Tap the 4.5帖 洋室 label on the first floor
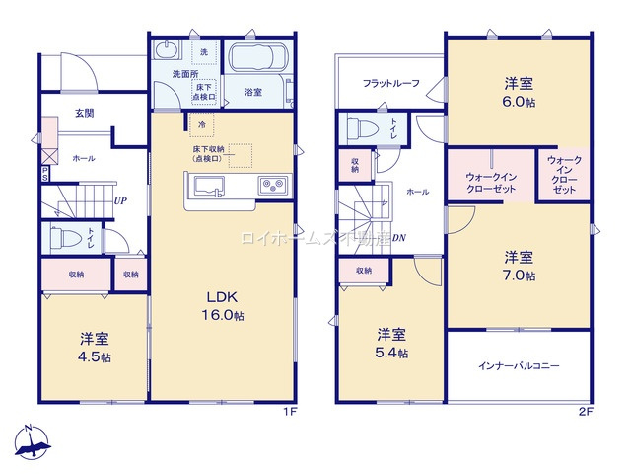tap(96, 347)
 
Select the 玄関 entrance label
tap(85, 114)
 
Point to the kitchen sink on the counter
tap(211, 186)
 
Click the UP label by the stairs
tap(119, 201)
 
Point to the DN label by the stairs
tap(400, 238)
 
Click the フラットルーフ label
tap(390, 83)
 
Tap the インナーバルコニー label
tap(520, 366)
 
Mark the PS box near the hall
tap(44, 173)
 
